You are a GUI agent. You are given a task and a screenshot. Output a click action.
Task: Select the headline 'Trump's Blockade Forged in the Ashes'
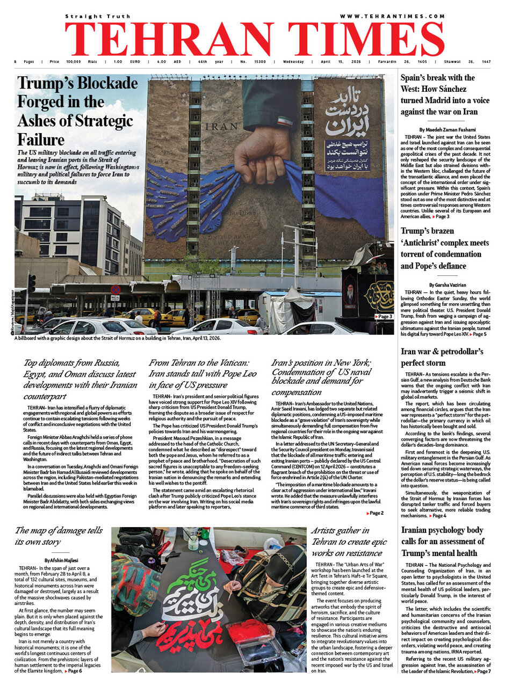click(77, 111)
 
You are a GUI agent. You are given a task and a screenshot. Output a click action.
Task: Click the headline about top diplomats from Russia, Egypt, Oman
click(80, 379)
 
